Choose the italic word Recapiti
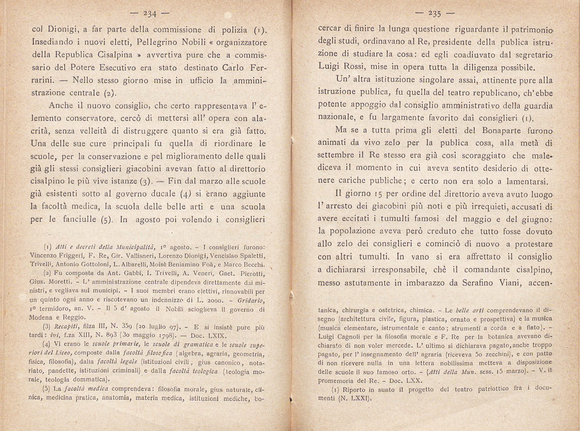coord(66,327)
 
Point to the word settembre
coord(336,155)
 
